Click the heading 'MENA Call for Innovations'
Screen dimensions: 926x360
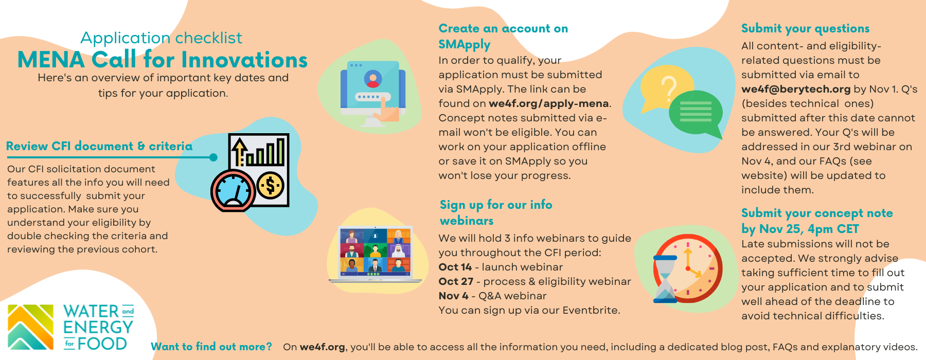click(x=163, y=60)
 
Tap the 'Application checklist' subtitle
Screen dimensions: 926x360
click(x=161, y=38)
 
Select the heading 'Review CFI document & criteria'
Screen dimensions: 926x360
click(x=99, y=146)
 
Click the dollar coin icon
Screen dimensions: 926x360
click(x=271, y=185)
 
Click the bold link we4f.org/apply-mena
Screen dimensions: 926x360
click(x=549, y=103)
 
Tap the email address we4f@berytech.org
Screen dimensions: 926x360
click(x=796, y=89)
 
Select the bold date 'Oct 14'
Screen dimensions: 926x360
click(x=455, y=267)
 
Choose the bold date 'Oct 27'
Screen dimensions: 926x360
click(x=456, y=281)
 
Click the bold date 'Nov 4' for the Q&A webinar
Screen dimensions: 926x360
click(x=453, y=296)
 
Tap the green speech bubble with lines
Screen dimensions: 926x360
click(x=696, y=113)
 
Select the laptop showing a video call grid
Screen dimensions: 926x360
click(x=375, y=254)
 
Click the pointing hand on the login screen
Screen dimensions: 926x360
click(x=387, y=109)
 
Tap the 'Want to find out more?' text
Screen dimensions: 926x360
click(x=211, y=347)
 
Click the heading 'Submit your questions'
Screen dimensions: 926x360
click(x=805, y=29)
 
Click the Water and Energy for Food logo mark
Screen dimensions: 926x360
click(x=31, y=327)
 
